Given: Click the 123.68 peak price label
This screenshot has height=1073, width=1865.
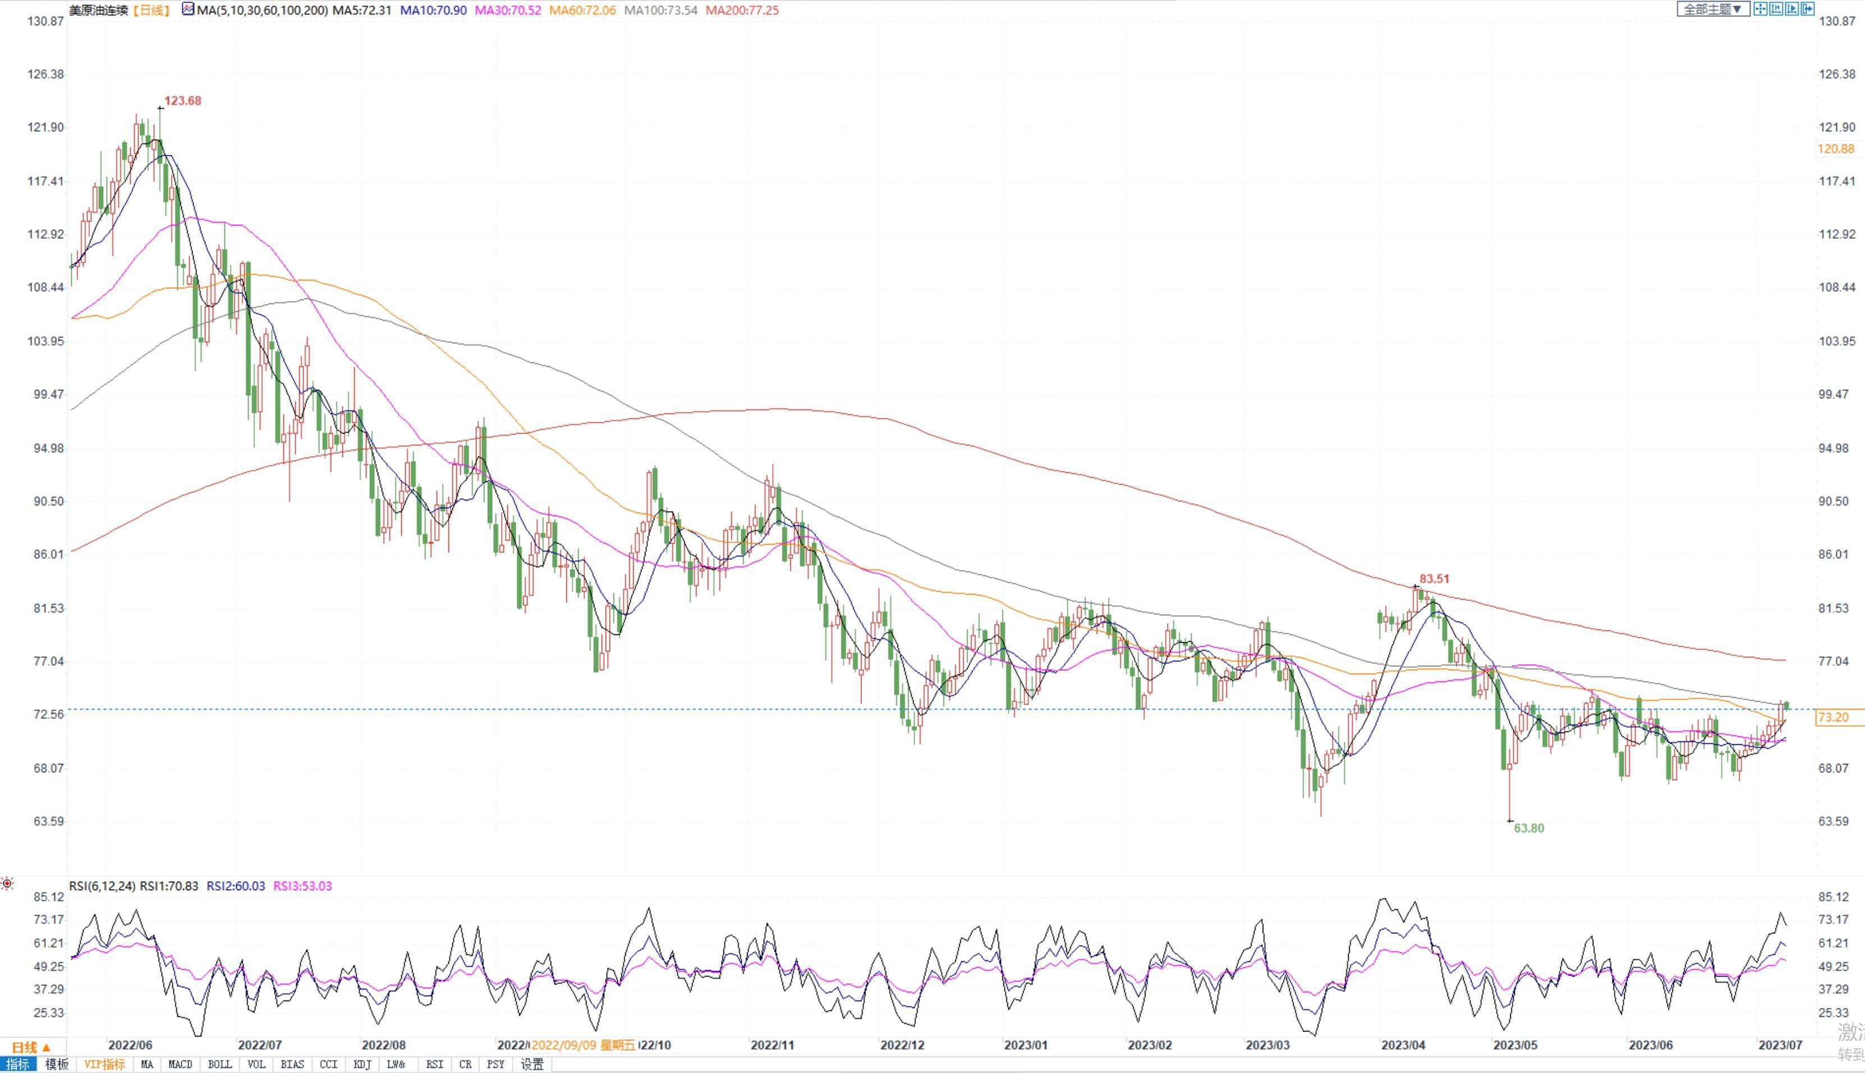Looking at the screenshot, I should click(182, 101).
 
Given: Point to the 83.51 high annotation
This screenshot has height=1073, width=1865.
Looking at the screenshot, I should click(1434, 579).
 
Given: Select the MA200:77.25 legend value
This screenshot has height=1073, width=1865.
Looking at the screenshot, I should click(741, 10).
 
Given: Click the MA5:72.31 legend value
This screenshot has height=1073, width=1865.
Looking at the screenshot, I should click(361, 10).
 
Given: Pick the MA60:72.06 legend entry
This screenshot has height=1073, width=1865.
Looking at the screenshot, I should click(583, 10).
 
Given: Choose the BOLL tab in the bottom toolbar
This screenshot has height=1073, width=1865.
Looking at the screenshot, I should click(219, 1064).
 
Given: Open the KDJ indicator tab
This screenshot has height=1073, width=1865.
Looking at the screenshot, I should click(362, 1064).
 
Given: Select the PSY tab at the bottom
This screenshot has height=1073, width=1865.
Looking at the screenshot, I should click(496, 1064).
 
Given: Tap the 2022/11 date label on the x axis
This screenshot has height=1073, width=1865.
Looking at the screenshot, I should click(772, 1045).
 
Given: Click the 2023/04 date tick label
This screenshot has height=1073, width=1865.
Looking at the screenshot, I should click(1403, 1045).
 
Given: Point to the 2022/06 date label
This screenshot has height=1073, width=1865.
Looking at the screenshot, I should click(130, 1045).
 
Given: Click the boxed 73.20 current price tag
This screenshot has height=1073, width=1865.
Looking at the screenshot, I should click(1834, 717).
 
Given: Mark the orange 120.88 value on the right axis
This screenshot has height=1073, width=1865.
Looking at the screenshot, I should click(1835, 149).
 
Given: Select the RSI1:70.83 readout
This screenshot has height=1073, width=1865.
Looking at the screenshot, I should click(169, 886).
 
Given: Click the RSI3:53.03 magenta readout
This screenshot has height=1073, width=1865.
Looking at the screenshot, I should click(303, 886).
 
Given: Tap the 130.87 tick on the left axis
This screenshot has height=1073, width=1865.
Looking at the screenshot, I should click(45, 21).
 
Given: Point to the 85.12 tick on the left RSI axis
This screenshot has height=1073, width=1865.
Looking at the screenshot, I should click(49, 897).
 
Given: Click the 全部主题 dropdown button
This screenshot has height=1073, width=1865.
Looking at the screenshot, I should click(1712, 10).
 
